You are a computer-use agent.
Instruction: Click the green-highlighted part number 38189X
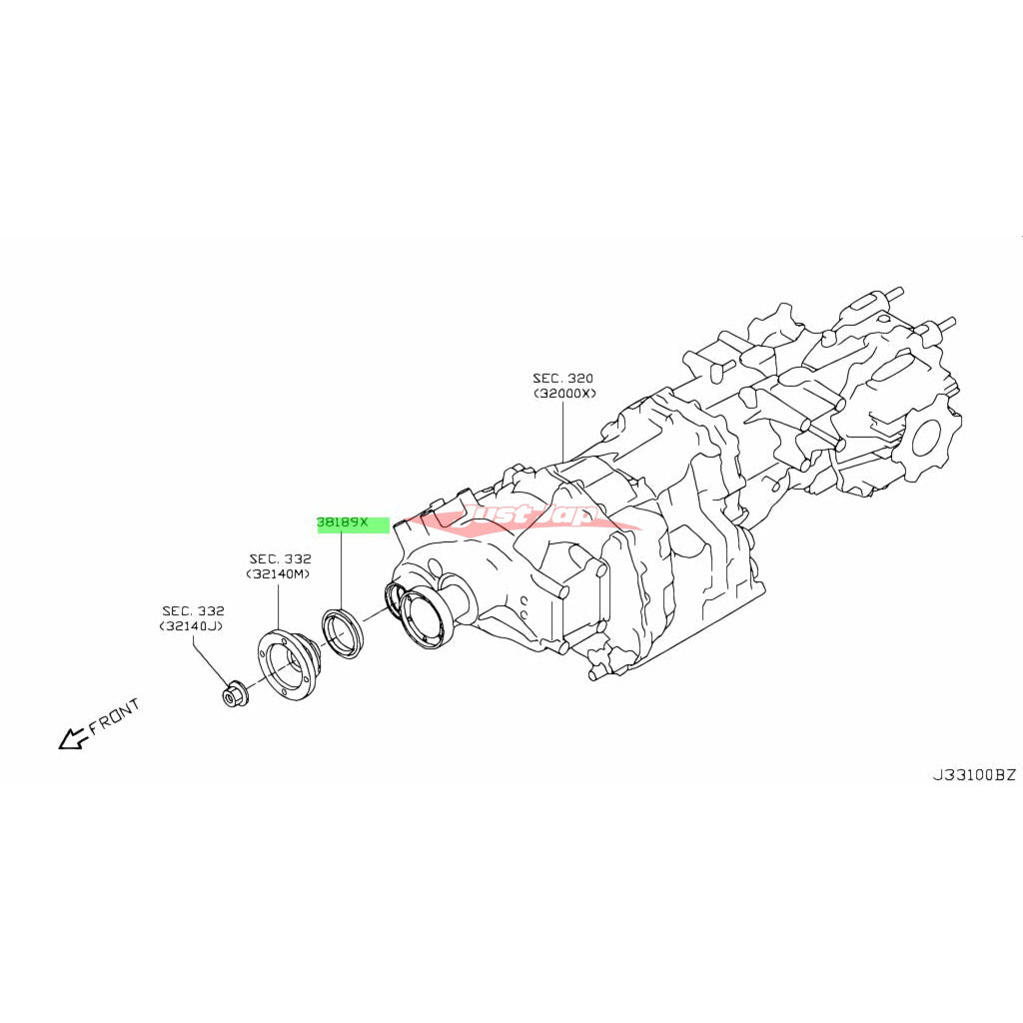tap(344, 522)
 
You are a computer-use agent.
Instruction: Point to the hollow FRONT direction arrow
tap(72, 739)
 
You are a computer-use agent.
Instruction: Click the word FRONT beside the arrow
tap(114, 715)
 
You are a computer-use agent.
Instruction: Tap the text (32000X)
tap(563, 394)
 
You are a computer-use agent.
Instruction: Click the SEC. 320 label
tap(562, 379)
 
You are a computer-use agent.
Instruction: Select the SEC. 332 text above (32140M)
tap(280, 558)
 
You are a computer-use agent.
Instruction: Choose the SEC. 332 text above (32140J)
tap(193, 610)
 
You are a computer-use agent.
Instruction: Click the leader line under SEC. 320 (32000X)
tap(563, 430)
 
